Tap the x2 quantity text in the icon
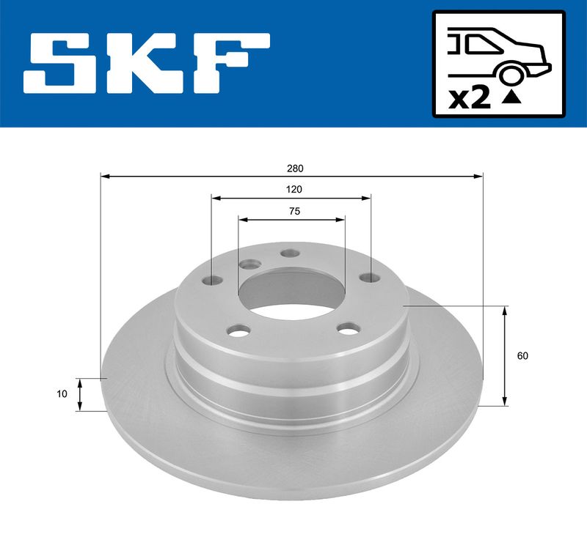[470, 99]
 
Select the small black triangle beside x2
[511, 98]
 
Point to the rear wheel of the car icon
[510, 75]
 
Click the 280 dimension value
[295, 169]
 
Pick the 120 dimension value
[294, 190]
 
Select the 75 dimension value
[295, 211]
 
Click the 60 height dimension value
[522, 355]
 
